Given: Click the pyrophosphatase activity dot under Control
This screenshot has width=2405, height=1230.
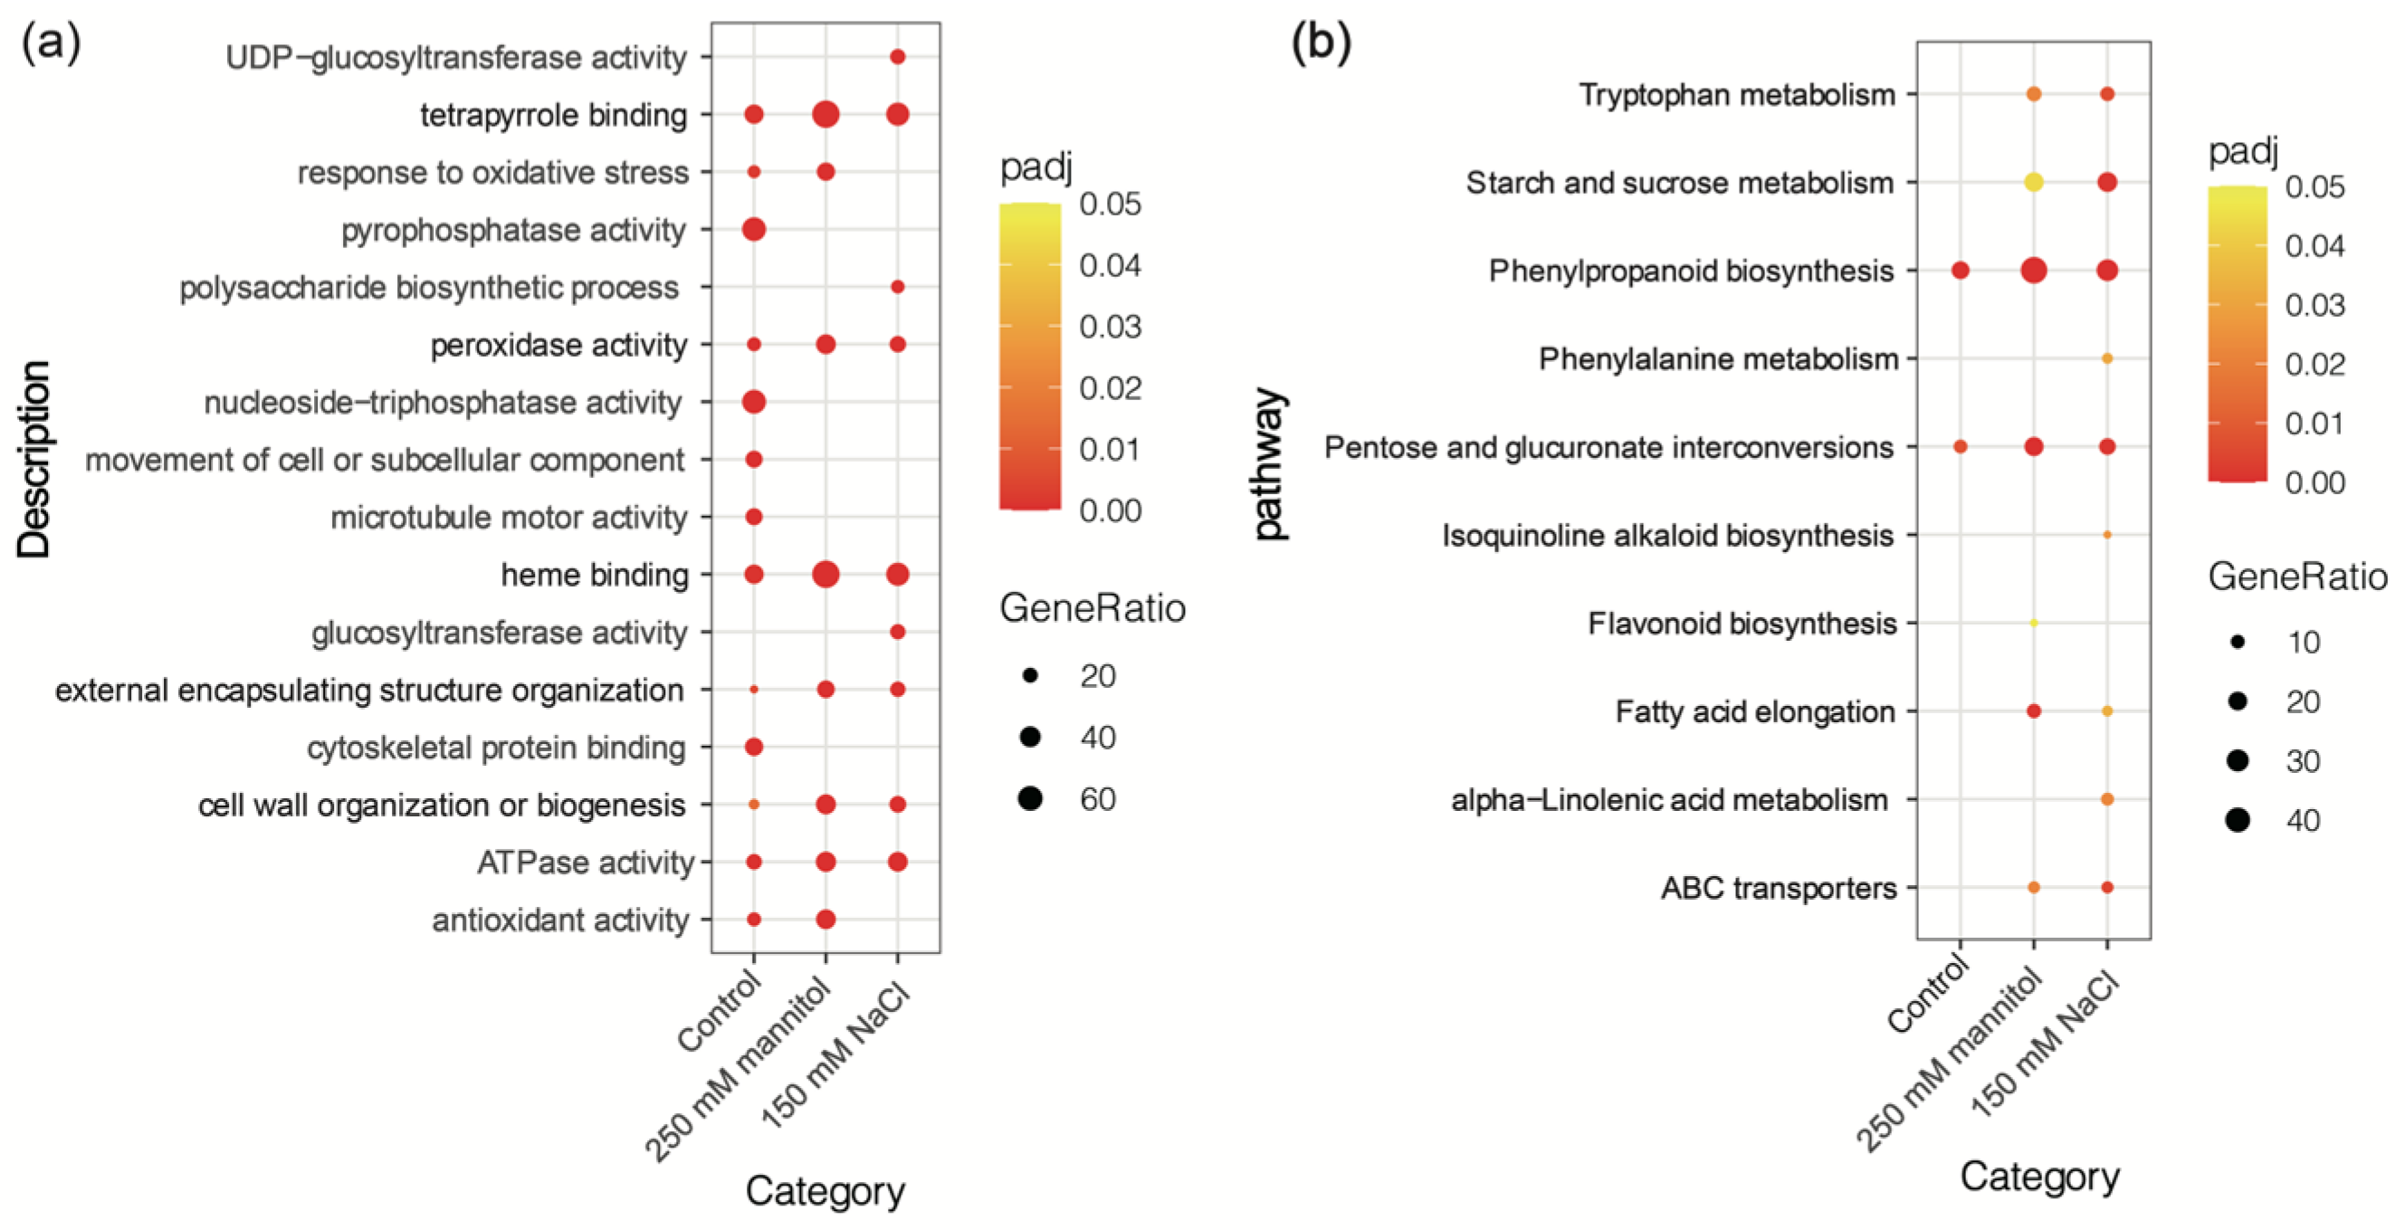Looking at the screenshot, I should pyautogui.click(x=753, y=229).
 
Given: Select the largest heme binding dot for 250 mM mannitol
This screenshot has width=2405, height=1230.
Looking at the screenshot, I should pyautogui.click(x=826, y=574).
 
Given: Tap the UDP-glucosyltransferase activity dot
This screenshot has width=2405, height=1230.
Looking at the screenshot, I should pyautogui.click(x=897, y=57).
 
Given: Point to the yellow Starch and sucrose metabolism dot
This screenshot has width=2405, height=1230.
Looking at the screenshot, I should pyautogui.click(x=2033, y=182).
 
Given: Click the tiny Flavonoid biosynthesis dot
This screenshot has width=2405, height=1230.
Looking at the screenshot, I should pyautogui.click(x=2033, y=623).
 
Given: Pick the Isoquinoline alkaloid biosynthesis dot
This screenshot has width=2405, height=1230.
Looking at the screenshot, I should pyautogui.click(x=2107, y=535).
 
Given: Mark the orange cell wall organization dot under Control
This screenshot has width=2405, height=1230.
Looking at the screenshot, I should pyautogui.click(x=753, y=805).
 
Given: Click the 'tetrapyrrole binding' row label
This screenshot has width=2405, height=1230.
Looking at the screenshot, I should pyautogui.click(x=553, y=115).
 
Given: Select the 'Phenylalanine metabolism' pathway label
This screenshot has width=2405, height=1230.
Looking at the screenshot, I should pyautogui.click(x=1718, y=358).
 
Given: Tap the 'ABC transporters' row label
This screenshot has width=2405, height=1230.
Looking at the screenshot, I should pyautogui.click(x=1778, y=888).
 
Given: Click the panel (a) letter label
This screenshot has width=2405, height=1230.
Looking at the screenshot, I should pyautogui.click(x=51, y=42).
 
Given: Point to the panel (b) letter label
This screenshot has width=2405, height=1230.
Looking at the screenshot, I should pyautogui.click(x=1320, y=42).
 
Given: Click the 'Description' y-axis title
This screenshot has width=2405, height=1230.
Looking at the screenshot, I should pyautogui.click(x=33, y=459).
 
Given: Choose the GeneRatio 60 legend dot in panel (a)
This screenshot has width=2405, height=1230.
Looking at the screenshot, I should pyautogui.click(x=1031, y=799).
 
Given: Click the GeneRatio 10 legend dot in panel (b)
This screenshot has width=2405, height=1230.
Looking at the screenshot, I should pyautogui.click(x=2237, y=642).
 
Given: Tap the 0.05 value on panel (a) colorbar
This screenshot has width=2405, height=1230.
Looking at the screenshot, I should pyautogui.click(x=1110, y=205).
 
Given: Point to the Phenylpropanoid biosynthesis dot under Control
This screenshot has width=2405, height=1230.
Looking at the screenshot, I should pyautogui.click(x=1961, y=271).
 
